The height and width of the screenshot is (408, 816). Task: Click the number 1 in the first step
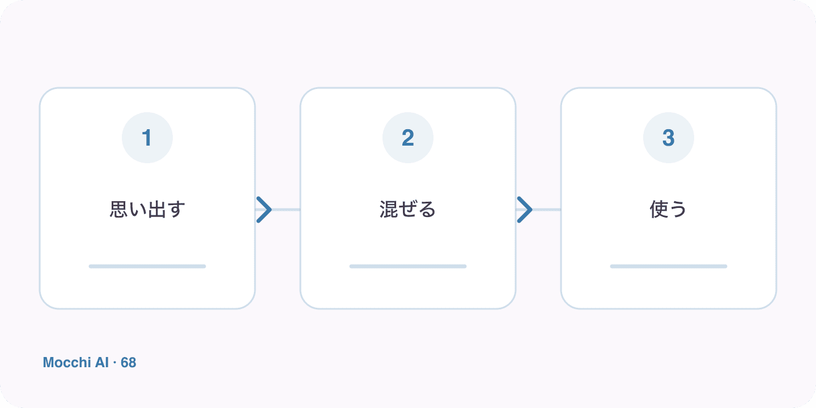(147, 138)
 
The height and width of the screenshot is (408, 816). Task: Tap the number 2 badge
(407, 138)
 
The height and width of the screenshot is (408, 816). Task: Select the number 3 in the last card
(669, 138)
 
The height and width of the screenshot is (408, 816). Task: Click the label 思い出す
(147, 210)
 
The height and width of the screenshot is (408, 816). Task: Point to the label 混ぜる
(407, 210)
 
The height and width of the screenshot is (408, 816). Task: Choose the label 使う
(669, 210)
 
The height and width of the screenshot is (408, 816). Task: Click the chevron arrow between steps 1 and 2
(264, 210)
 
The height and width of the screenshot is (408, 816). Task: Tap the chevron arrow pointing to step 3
(525, 210)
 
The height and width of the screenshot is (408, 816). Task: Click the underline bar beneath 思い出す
(147, 266)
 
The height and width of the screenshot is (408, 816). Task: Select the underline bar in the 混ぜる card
(407, 266)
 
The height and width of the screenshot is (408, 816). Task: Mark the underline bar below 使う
(669, 266)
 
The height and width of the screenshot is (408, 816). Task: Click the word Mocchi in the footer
(67, 363)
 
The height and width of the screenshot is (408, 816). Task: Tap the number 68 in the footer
(128, 363)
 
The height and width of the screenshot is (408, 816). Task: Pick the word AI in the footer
(101, 363)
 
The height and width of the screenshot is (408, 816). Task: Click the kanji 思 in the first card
(119, 210)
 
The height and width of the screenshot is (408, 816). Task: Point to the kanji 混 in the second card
(389, 210)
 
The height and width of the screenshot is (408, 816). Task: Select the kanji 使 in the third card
(659, 210)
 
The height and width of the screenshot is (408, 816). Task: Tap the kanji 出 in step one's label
(156, 210)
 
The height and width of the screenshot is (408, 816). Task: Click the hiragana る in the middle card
(427, 210)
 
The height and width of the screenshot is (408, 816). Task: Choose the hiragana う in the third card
(678, 210)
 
